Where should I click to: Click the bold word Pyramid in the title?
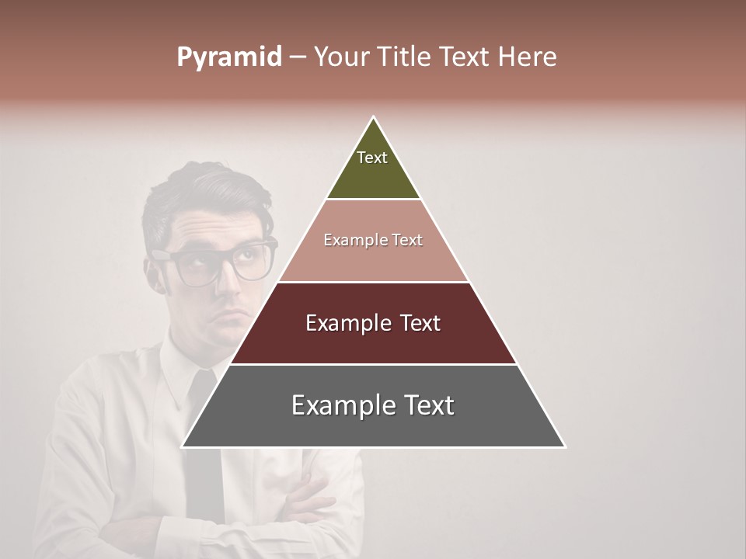[x=228, y=57]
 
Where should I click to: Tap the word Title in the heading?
[x=408, y=57]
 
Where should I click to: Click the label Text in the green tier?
[x=372, y=158]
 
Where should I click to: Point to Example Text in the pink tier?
[x=373, y=240]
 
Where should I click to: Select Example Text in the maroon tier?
[x=373, y=323]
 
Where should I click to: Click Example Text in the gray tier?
[x=373, y=405]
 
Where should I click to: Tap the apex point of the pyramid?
[x=374, y=119]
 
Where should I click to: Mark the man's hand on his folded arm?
[x=311, y=497]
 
